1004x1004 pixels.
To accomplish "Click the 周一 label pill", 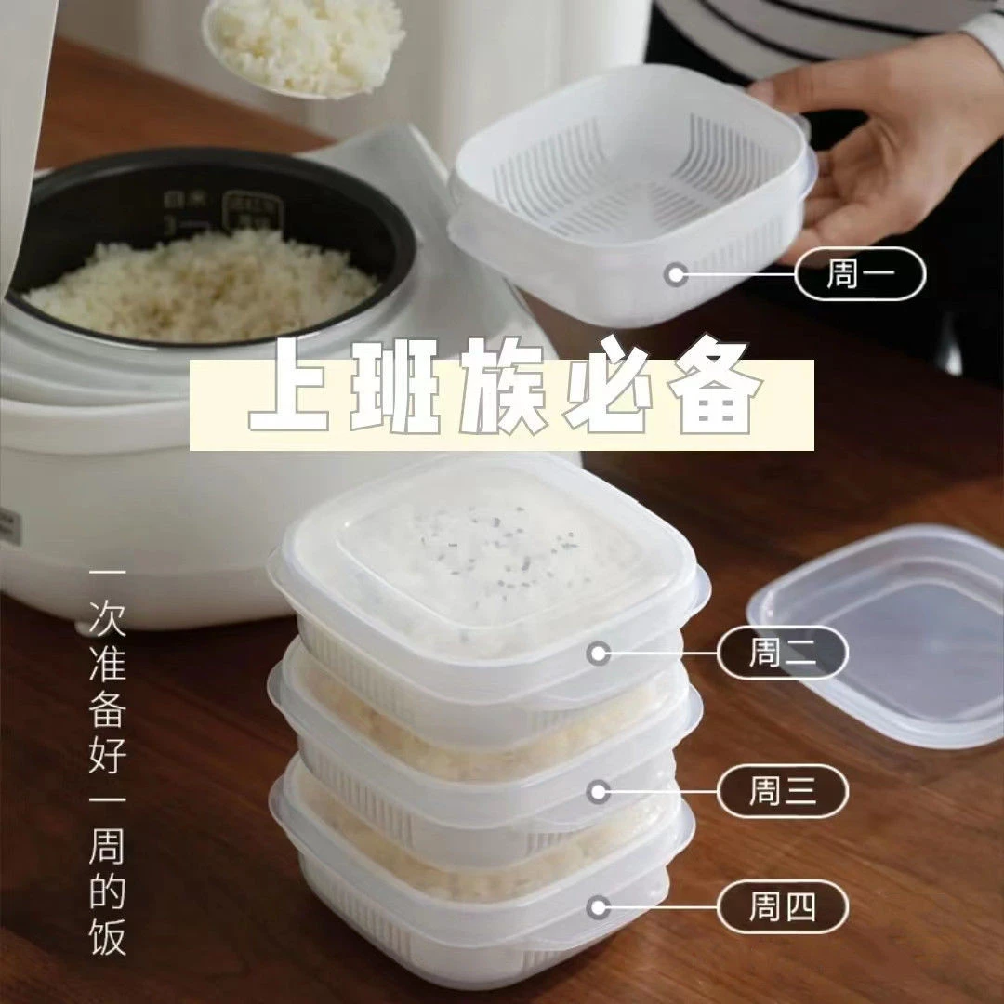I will pos(860,274).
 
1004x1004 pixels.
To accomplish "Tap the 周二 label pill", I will pos(783,653).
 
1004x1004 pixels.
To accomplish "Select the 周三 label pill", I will pos(783,791).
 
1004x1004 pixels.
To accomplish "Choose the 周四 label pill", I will pos(783,906).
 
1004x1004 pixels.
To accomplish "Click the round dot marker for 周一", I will pos(678,274).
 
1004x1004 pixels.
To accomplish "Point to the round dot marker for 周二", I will pos(600,654).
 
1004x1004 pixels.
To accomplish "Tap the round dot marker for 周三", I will pos(600,792).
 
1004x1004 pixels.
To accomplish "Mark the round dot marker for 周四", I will pos(600,906).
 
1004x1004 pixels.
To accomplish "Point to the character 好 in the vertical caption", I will pos(107,751).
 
